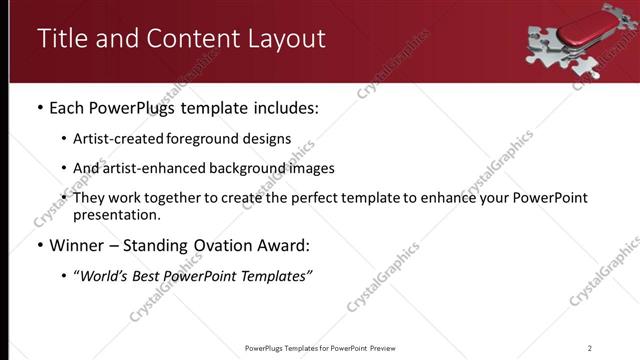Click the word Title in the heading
[x=61, y=38]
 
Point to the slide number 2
[x=590, y=348]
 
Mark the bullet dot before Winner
[x=38, y=245]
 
